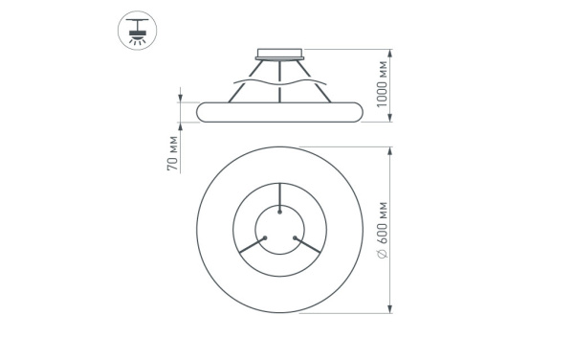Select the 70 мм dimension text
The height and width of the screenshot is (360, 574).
pos(173,154)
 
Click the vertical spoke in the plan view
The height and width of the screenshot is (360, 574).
pos(280,196)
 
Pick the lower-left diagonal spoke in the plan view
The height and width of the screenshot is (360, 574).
pos(251,246)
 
